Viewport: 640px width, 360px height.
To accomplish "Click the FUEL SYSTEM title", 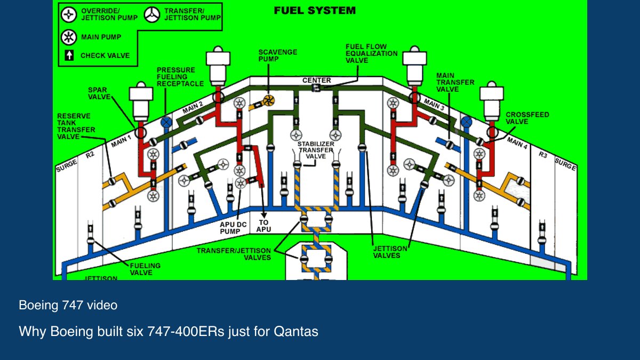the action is click(315, 11).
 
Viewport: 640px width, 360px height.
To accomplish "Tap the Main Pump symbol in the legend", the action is click(69, 37).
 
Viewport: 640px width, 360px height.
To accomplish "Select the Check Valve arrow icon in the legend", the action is click(69, 55).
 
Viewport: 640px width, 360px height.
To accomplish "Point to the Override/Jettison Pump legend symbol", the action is click(69, 14).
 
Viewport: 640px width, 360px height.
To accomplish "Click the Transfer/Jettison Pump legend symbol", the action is click(151, 14).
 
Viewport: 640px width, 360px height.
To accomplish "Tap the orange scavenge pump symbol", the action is click(269, 101).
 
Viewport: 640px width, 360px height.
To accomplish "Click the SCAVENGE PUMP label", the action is click(278, 55).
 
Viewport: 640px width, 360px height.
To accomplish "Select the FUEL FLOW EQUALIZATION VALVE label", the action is click(371, 53).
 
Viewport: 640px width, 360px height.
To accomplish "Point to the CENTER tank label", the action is click(317, 81).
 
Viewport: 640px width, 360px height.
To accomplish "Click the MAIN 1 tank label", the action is click(121, 141).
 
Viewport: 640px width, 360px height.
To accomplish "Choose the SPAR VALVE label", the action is click(99, 93).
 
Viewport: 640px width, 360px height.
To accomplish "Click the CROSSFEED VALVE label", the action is click(527, 118).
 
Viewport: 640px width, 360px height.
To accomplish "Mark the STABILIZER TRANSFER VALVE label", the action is click(316, 150).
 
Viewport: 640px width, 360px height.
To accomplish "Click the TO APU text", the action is click(263, 226).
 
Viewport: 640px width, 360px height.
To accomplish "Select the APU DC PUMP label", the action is click(233, 228).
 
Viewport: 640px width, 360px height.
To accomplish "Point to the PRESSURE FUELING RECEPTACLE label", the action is click(180, 77).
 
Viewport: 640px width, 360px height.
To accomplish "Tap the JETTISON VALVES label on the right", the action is click(390, 252).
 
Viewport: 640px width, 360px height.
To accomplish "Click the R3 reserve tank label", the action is click(543, 155).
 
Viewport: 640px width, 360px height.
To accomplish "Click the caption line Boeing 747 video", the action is click(68, 305).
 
